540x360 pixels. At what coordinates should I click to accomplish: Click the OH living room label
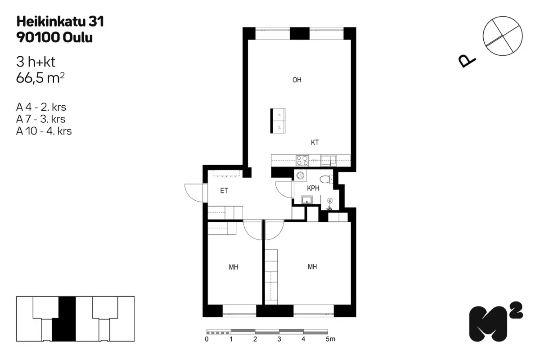click(x=297, y=80)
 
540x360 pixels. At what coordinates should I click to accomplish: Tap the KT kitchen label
click(x=315, y=142)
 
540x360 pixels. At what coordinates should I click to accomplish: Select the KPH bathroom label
click(x=313, y=188)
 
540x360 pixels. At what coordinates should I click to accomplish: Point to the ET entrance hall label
click(x=224, y=191)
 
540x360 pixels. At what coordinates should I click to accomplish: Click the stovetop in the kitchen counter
click(x=302, y=159)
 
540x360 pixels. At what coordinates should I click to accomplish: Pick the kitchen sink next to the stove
click(x=328, y=159)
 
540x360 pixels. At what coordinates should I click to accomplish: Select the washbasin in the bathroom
click(x=307, y=200)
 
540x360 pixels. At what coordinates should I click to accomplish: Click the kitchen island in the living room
click(x=278, y=121)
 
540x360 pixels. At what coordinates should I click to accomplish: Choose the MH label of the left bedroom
click(x=233, y=267)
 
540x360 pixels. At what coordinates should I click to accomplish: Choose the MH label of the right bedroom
click(x=312, y=267)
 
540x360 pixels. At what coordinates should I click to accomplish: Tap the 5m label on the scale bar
click(x=330, y=339)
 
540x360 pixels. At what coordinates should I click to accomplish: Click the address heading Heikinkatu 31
click(x=60, y=21)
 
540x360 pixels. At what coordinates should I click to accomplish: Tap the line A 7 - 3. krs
click(x=41, y=119)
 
